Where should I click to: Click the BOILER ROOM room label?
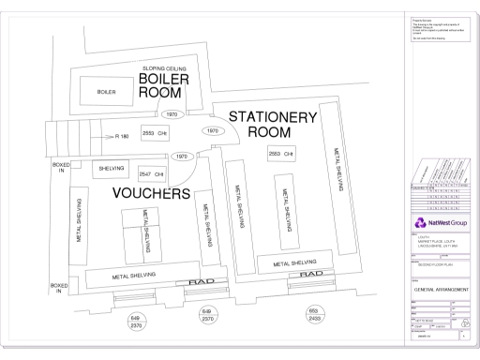click(165, 92)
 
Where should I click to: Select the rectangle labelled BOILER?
click(106, 93)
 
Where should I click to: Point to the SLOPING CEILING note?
click(165, 68)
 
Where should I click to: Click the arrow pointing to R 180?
click(107, 136)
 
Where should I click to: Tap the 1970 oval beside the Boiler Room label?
click(171, 114)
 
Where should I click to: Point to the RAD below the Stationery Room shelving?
click(311, 276)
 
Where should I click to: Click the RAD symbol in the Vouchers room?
click(203, 281)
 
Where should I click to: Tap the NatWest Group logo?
click(438, 222)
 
